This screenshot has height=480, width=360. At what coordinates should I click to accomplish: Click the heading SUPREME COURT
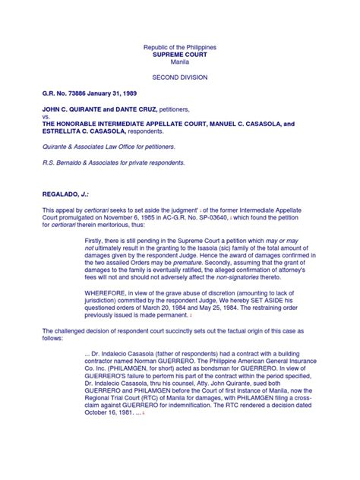(x=179, y=55)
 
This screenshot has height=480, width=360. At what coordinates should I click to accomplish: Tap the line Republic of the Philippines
(x=179, y=48)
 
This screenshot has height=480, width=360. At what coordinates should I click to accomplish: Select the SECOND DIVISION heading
(x=180, y=77)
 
